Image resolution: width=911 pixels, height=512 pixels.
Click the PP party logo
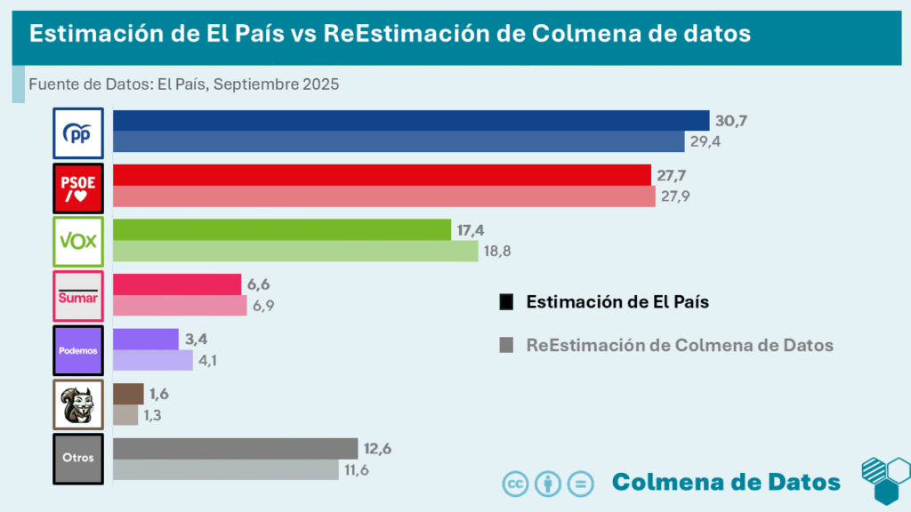click(x=78, y=132)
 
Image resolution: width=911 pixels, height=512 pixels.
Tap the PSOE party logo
click(x=78, y=187)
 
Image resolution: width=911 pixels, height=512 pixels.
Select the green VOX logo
click(x=78, y=241)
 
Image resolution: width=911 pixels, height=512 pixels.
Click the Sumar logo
click(x=78, y=295)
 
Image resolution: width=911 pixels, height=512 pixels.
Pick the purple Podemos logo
click(x=78, y=349)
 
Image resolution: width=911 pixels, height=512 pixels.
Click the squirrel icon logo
click(x=78, y=404)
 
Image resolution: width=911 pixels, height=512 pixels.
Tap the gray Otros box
click(x=78, y=459)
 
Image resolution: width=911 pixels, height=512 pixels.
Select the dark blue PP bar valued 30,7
click(x=409, y=121)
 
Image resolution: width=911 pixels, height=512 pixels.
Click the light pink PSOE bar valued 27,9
click(x=383, y=196)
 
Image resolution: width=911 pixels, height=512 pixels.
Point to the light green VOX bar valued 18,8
click(x=294, y=251)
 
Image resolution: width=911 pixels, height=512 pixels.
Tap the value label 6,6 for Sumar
click(x=258, y=284)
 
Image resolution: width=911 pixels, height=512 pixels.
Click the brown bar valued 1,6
click(x=127, y=394)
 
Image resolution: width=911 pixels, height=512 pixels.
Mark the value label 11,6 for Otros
click(x=356, y=469)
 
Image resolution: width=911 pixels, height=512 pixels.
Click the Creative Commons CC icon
click(x=516, y=484)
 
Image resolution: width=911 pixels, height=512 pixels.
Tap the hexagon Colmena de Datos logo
click(x=884, y=481)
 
